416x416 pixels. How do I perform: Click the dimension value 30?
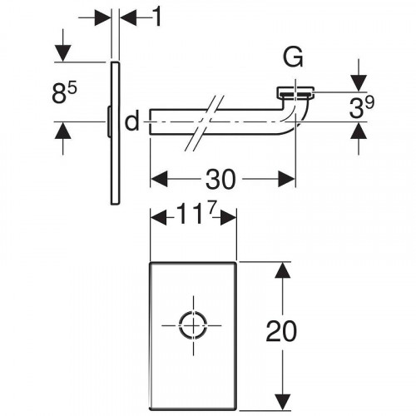[220, 180]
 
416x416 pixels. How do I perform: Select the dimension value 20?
[281, 331]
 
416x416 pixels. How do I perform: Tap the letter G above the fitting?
[293, 57]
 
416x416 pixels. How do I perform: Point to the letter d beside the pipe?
[132, 121]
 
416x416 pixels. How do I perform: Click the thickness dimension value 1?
[157, 17]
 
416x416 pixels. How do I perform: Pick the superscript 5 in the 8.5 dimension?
[72, 89]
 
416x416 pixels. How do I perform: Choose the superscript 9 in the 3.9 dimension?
[370, 102]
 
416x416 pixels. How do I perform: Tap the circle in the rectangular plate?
[193, 325]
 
